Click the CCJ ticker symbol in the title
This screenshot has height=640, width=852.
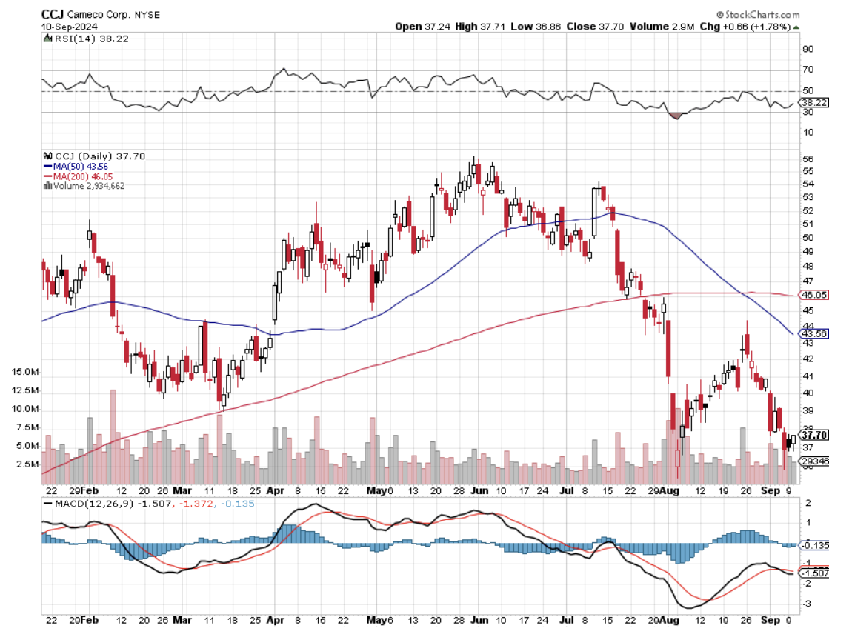pos(52,14)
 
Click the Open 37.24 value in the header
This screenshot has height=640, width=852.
pos(419,27)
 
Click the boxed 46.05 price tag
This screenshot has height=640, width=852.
pos(814,295)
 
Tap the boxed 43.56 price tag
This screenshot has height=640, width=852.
pos(814,334)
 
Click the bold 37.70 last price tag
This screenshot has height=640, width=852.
pos(814,435)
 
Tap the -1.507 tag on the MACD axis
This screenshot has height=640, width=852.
pos(815,573)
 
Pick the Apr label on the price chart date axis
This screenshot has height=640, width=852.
pos(275,490)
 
